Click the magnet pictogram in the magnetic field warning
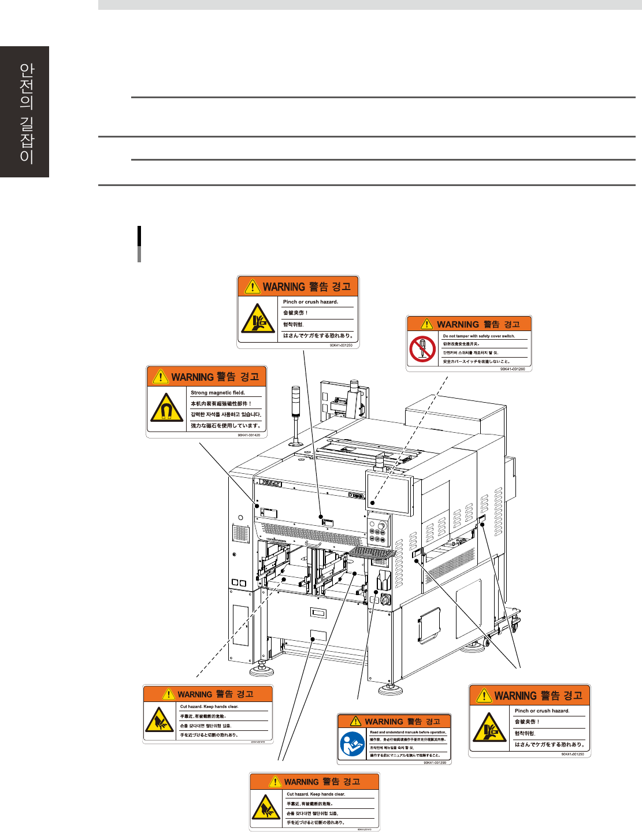click(166, 408)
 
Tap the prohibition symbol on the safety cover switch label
click(422, 349)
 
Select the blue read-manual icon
click(352, 744)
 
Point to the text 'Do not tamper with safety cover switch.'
click(478, 336)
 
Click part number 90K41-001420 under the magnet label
click(248, 435)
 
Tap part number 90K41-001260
click(513, 369)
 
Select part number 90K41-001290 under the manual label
click(435, 762)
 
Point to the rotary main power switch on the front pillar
click(385, 600)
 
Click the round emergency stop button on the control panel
click(381, 526)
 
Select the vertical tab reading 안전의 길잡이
click(25, 112)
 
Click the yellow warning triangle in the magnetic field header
click(160, 377)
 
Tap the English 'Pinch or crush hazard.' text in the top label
click(310, 302)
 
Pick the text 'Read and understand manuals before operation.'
click(408, 732)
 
